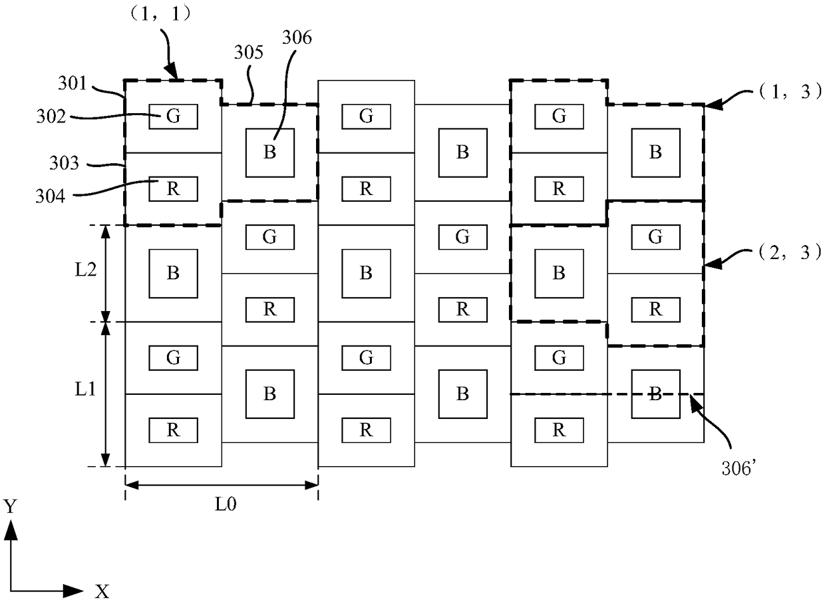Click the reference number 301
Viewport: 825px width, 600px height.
[x=72, y=83]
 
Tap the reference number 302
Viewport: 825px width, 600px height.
[x=51, y=117]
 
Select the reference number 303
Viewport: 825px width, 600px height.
[x=64, y=163]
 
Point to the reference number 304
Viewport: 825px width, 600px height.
[x=50, y=196]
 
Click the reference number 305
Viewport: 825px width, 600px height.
[x=249, y=53]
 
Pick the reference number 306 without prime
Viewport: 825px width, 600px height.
[x=297, y=37]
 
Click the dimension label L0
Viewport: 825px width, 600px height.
[x=226, y=504]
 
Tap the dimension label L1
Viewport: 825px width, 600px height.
[x=85, y=389]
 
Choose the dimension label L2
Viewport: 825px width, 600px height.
[x=85, y=270]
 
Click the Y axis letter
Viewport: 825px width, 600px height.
[x=11, y=506]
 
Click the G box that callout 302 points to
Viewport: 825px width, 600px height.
[x=173, y=117]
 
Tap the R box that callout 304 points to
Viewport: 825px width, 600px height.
[x=173, y=189]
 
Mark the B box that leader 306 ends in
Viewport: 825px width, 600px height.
[x=270, y=152]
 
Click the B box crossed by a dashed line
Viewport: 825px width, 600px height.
[x=655, y=394]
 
